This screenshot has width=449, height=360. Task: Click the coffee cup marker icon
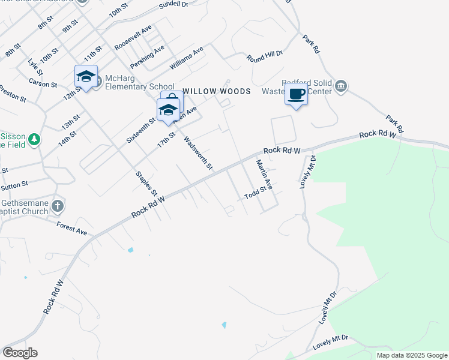(x=297, y=94)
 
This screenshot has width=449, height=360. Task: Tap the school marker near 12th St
(x=86, y=76)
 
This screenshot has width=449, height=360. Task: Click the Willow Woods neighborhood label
(x=216, y=91)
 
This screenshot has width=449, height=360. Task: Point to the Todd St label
(x=255, y=193)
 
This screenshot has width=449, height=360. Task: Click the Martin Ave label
(x=264, y=173)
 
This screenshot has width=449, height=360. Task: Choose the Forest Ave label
(x=72, y=228)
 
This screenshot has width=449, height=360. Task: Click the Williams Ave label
(x=187, y=56)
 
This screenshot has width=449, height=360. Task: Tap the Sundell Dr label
(x=174, y=6)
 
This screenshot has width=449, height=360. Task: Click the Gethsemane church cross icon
(x=57, y=207)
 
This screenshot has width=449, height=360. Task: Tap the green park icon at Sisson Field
(x=35, y=139)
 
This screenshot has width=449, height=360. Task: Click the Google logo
(x=20, y=353)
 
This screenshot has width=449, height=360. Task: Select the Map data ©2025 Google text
(x=412, y=355)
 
